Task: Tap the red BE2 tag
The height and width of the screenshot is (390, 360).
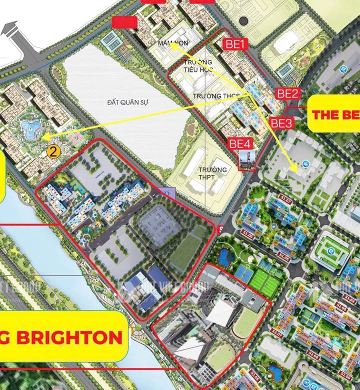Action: point(288,93)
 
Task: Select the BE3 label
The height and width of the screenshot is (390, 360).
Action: point(281,121)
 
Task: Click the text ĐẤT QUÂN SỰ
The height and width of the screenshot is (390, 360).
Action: point(127,102)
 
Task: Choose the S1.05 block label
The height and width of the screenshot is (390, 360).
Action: point(284,259)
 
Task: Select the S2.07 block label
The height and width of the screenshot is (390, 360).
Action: point(276,330)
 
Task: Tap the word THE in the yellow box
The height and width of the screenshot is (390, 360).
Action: point(327,114)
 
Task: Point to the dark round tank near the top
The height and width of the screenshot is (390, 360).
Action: point(243,21)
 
